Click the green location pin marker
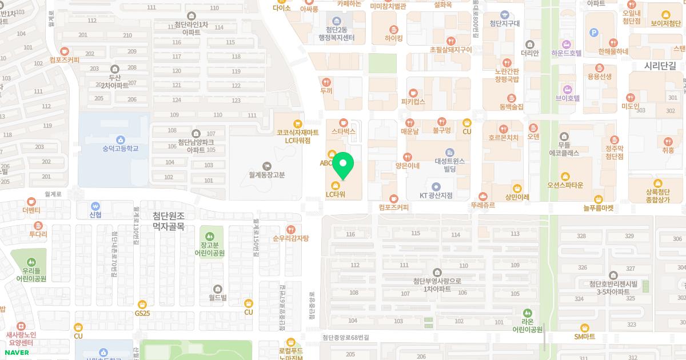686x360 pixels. click(x=343, y=166)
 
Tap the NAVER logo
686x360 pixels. click(x=15, y=352)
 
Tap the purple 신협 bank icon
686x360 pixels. click(x=95, y=206)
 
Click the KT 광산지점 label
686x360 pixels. click(x=436, y=195)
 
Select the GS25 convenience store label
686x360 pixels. click(x=142, y=313)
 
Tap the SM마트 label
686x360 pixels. click(x=585, y=337)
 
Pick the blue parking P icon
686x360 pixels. click(x=593, y=33)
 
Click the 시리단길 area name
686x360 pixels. click(x=660, y=66)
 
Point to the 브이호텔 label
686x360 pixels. click(x=568, y=98)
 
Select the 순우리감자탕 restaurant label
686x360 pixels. click(x=291, y=238)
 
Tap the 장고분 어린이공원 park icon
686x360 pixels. click(x=210, y=235)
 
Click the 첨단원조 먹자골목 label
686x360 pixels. click(x=169, y=221)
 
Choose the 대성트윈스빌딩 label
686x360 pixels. click(x=449, y=165)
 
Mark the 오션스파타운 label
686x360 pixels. click(x=565, y=185)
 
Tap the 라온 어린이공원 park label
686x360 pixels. click(x=527, y=325)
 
